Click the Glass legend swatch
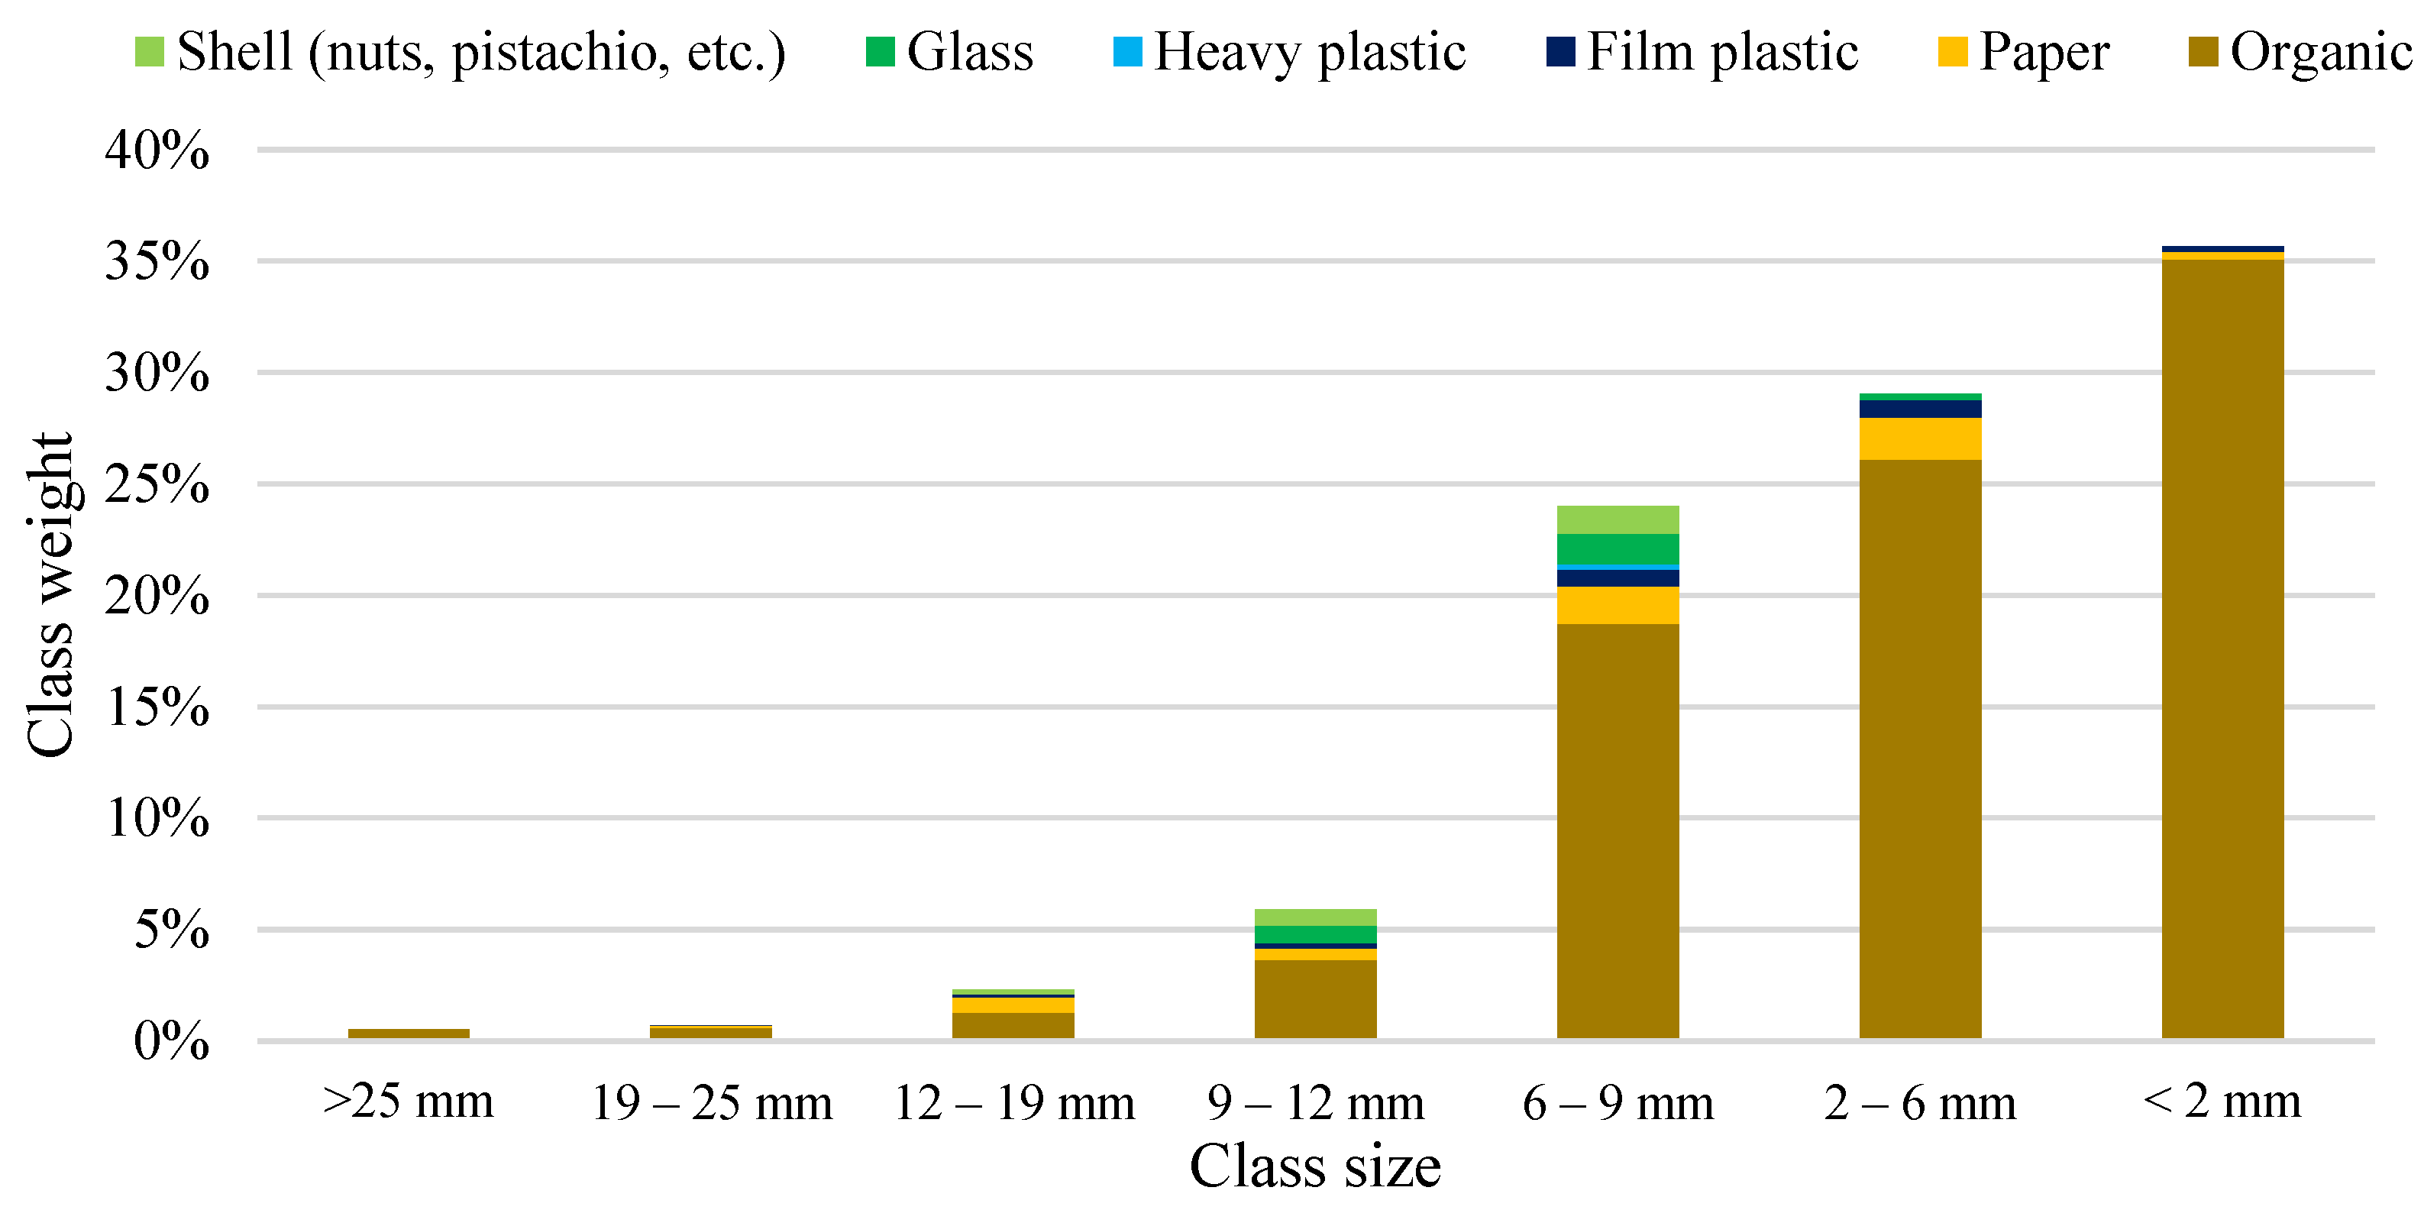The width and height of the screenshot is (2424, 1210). point(880,52)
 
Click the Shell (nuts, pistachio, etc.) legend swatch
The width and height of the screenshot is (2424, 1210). point(150,52)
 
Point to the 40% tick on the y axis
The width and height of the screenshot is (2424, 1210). point(157,150)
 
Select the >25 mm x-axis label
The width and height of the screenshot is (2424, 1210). point(409,1101)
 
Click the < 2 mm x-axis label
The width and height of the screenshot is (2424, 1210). point(2222,1101)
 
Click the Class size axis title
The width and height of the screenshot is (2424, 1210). point(1314,1166)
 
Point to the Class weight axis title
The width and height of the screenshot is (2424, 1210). point(49,594)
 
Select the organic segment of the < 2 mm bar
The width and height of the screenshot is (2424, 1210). point(2222,649)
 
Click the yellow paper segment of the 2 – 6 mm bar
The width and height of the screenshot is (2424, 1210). point(1920,438)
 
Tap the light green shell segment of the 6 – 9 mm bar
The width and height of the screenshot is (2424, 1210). point(1618,519)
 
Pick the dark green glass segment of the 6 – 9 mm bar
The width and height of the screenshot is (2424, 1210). point(1618,548)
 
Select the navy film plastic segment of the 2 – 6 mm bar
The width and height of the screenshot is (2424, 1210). point(1920,409)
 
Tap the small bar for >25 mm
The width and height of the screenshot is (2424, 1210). point(409,1033)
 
